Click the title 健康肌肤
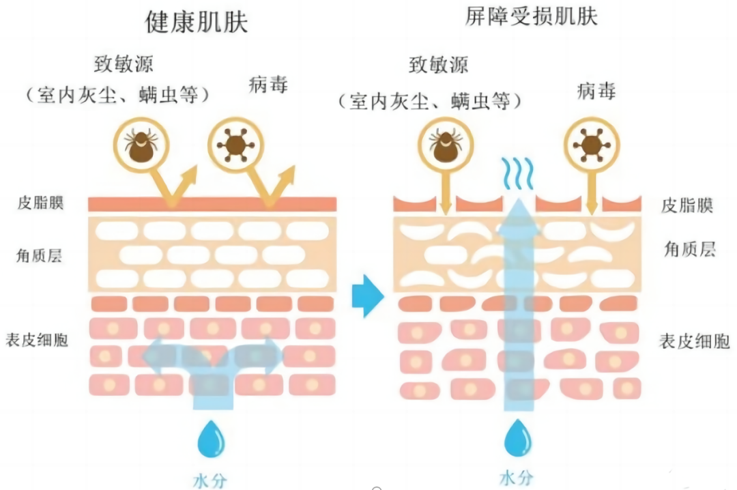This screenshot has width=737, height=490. pos(197,23)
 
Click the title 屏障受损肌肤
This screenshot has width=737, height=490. pos(531,17)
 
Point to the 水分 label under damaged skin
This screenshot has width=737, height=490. pos(517,476)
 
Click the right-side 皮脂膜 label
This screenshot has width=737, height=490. pos(687,205)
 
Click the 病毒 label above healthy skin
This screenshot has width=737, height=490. pos(268,85)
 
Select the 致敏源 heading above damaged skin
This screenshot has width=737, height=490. pos(439,66)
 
